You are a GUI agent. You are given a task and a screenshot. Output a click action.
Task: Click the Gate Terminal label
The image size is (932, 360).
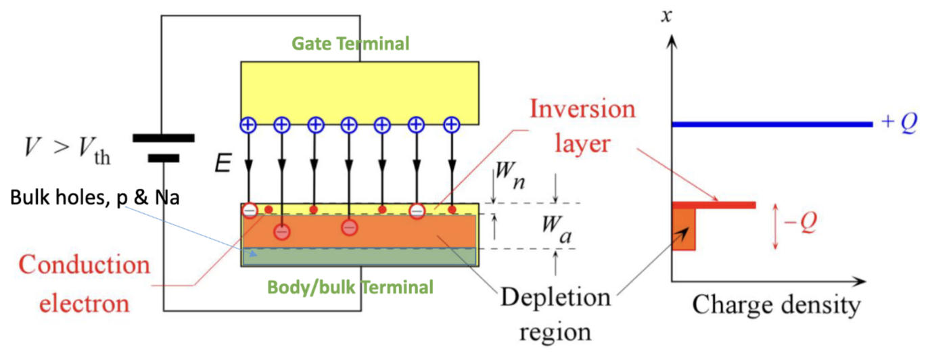(350, 44)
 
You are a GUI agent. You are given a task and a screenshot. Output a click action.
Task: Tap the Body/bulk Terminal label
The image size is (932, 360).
(350, 287)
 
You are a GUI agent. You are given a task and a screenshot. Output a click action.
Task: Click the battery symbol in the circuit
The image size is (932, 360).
(163, 148)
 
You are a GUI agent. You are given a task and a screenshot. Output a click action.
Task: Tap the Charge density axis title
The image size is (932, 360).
(775, 307)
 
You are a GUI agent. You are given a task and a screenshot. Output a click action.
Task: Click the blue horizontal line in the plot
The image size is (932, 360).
(771, 125)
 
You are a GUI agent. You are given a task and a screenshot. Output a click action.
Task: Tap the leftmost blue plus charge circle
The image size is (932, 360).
(248, 125)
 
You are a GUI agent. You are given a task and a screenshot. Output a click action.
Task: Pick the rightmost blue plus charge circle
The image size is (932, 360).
(451, 125)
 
